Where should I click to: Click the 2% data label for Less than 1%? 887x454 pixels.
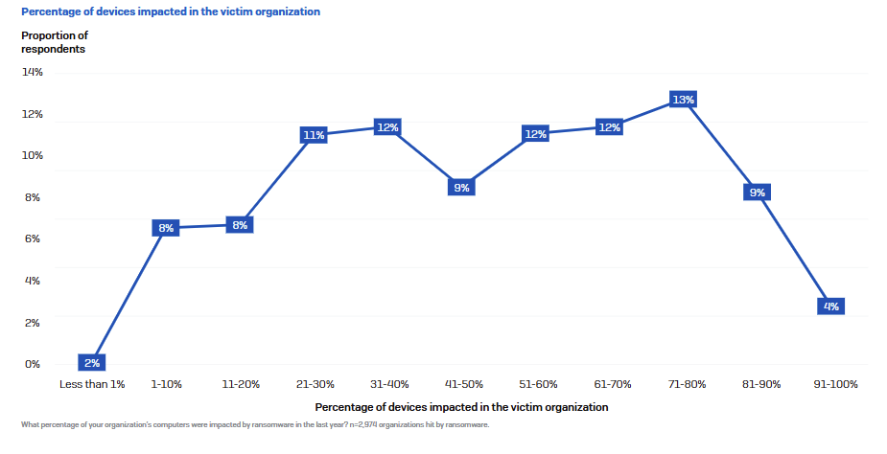(x=92, y=363)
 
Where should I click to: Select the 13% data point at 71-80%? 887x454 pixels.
(x=683, y=100)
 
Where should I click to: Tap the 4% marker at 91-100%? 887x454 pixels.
(x=830, y=306)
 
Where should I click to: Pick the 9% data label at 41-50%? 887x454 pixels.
(x=461, y=188)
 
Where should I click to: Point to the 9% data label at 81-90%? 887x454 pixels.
(x=757, y=193)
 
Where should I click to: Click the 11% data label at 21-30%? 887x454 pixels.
(x=314, y=135)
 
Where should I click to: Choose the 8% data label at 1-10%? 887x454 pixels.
(x=166, y=228)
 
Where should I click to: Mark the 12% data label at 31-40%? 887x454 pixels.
(x=387, y=127)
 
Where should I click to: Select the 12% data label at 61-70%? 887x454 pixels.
(x=609, y=127)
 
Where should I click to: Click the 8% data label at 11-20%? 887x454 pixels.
(x=240, y=225)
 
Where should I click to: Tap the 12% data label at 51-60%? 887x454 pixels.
(x=535, y=134)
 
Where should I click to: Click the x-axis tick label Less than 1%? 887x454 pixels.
(x=92, y=384)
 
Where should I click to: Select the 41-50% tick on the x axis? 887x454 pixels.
(x=461, y=384)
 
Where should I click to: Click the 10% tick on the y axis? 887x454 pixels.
(x=32, y=156)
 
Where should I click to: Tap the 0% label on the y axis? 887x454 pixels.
(x=32, y=364)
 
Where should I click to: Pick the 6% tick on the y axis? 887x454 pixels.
(x=32, y=239)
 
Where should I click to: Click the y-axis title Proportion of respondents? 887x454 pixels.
(x=55, y=42)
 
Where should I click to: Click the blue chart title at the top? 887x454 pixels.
(x=171, y=12)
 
